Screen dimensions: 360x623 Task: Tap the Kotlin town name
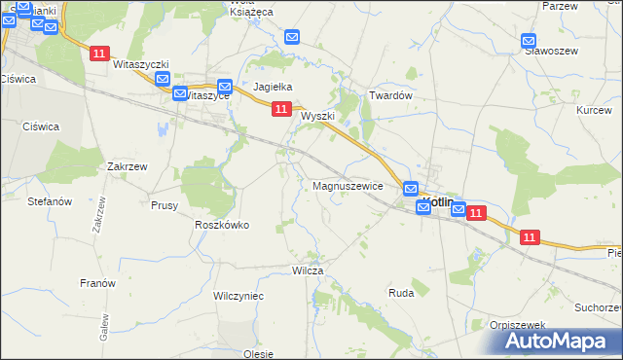point(440,202)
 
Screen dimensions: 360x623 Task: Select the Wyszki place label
point(317,116)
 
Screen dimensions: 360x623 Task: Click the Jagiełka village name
point(274,87)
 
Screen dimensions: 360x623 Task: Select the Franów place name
point(97,283)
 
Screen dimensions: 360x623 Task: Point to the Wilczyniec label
point(238,295)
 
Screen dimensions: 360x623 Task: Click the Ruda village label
point(401,292)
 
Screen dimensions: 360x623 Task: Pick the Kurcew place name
point(594,110)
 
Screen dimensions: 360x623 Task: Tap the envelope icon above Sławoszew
point(529,42)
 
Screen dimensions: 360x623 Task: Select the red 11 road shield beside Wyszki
point(280,111)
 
